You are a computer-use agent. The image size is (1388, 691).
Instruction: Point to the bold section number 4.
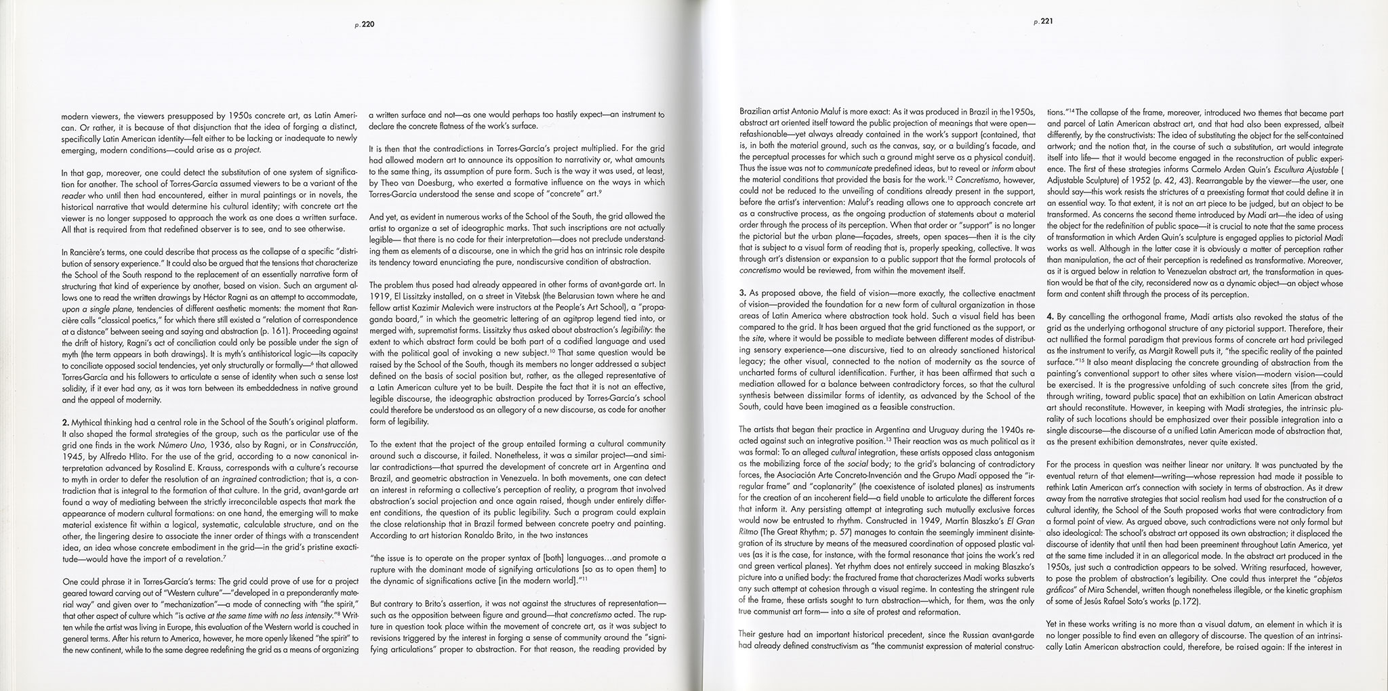(x=1050, y=316)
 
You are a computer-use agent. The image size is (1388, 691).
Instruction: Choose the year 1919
(x=379, y=296)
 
